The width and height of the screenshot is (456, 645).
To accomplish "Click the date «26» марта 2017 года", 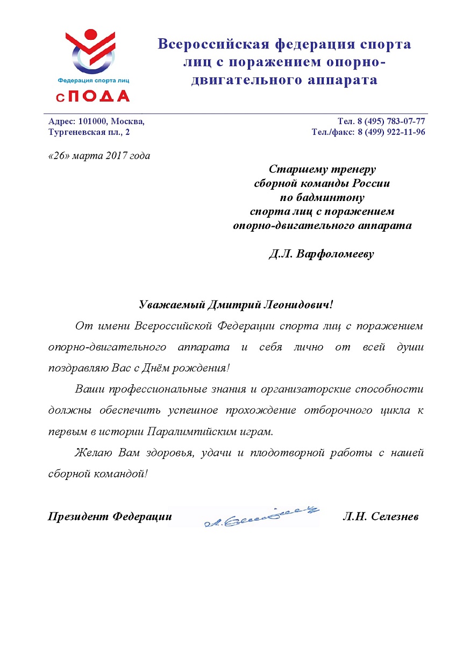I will [99, 156].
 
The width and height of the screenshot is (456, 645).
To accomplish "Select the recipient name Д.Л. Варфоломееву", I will [322, 254].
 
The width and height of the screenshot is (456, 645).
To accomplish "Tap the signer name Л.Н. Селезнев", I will [380, 517].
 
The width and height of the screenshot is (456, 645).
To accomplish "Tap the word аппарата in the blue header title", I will [344, 81].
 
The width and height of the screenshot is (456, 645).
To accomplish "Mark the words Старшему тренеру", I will [322, 170].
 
